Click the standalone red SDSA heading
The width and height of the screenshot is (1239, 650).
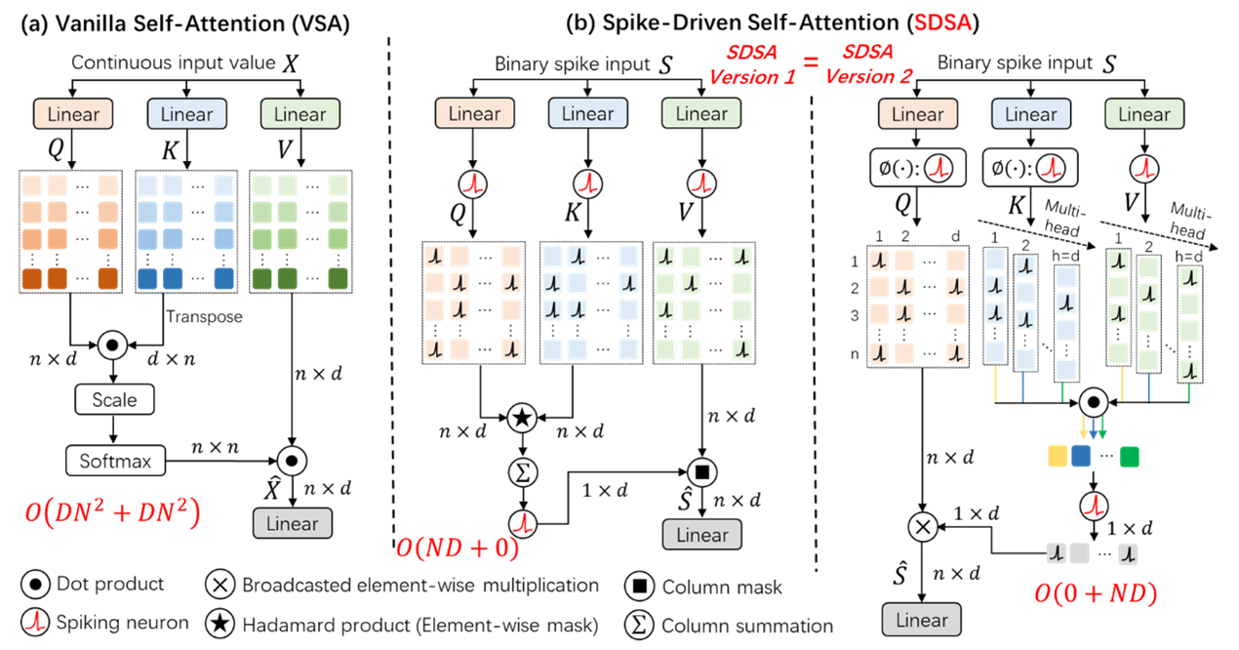point(942,22)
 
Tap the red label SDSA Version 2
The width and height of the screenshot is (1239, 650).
point(868,64)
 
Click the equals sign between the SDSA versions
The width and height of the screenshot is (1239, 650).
point(811,64)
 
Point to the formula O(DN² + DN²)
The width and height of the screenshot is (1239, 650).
point(112,512)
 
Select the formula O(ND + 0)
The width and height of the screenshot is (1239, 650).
point(457,548)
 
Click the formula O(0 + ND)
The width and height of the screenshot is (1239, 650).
point(1095,592)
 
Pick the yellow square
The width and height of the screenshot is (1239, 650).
point(1058,456)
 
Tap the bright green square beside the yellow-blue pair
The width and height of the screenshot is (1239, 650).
point(1130,456)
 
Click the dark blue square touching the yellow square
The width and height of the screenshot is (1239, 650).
point(1081,456)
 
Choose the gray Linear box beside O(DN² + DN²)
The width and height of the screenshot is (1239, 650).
point(293,523)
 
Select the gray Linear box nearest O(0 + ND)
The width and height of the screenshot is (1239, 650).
point(921,620)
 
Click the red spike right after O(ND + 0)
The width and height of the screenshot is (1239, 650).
point(526,524)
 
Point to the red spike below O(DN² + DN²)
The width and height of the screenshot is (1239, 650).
point(36,621)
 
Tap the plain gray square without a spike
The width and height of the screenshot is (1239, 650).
point(1079,554)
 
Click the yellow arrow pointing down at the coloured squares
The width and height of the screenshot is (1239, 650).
point(1083,427)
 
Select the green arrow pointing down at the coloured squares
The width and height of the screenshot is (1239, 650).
point(1103,427)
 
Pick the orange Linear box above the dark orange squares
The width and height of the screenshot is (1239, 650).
point(73,114)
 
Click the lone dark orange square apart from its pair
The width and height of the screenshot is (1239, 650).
point(107,279)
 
